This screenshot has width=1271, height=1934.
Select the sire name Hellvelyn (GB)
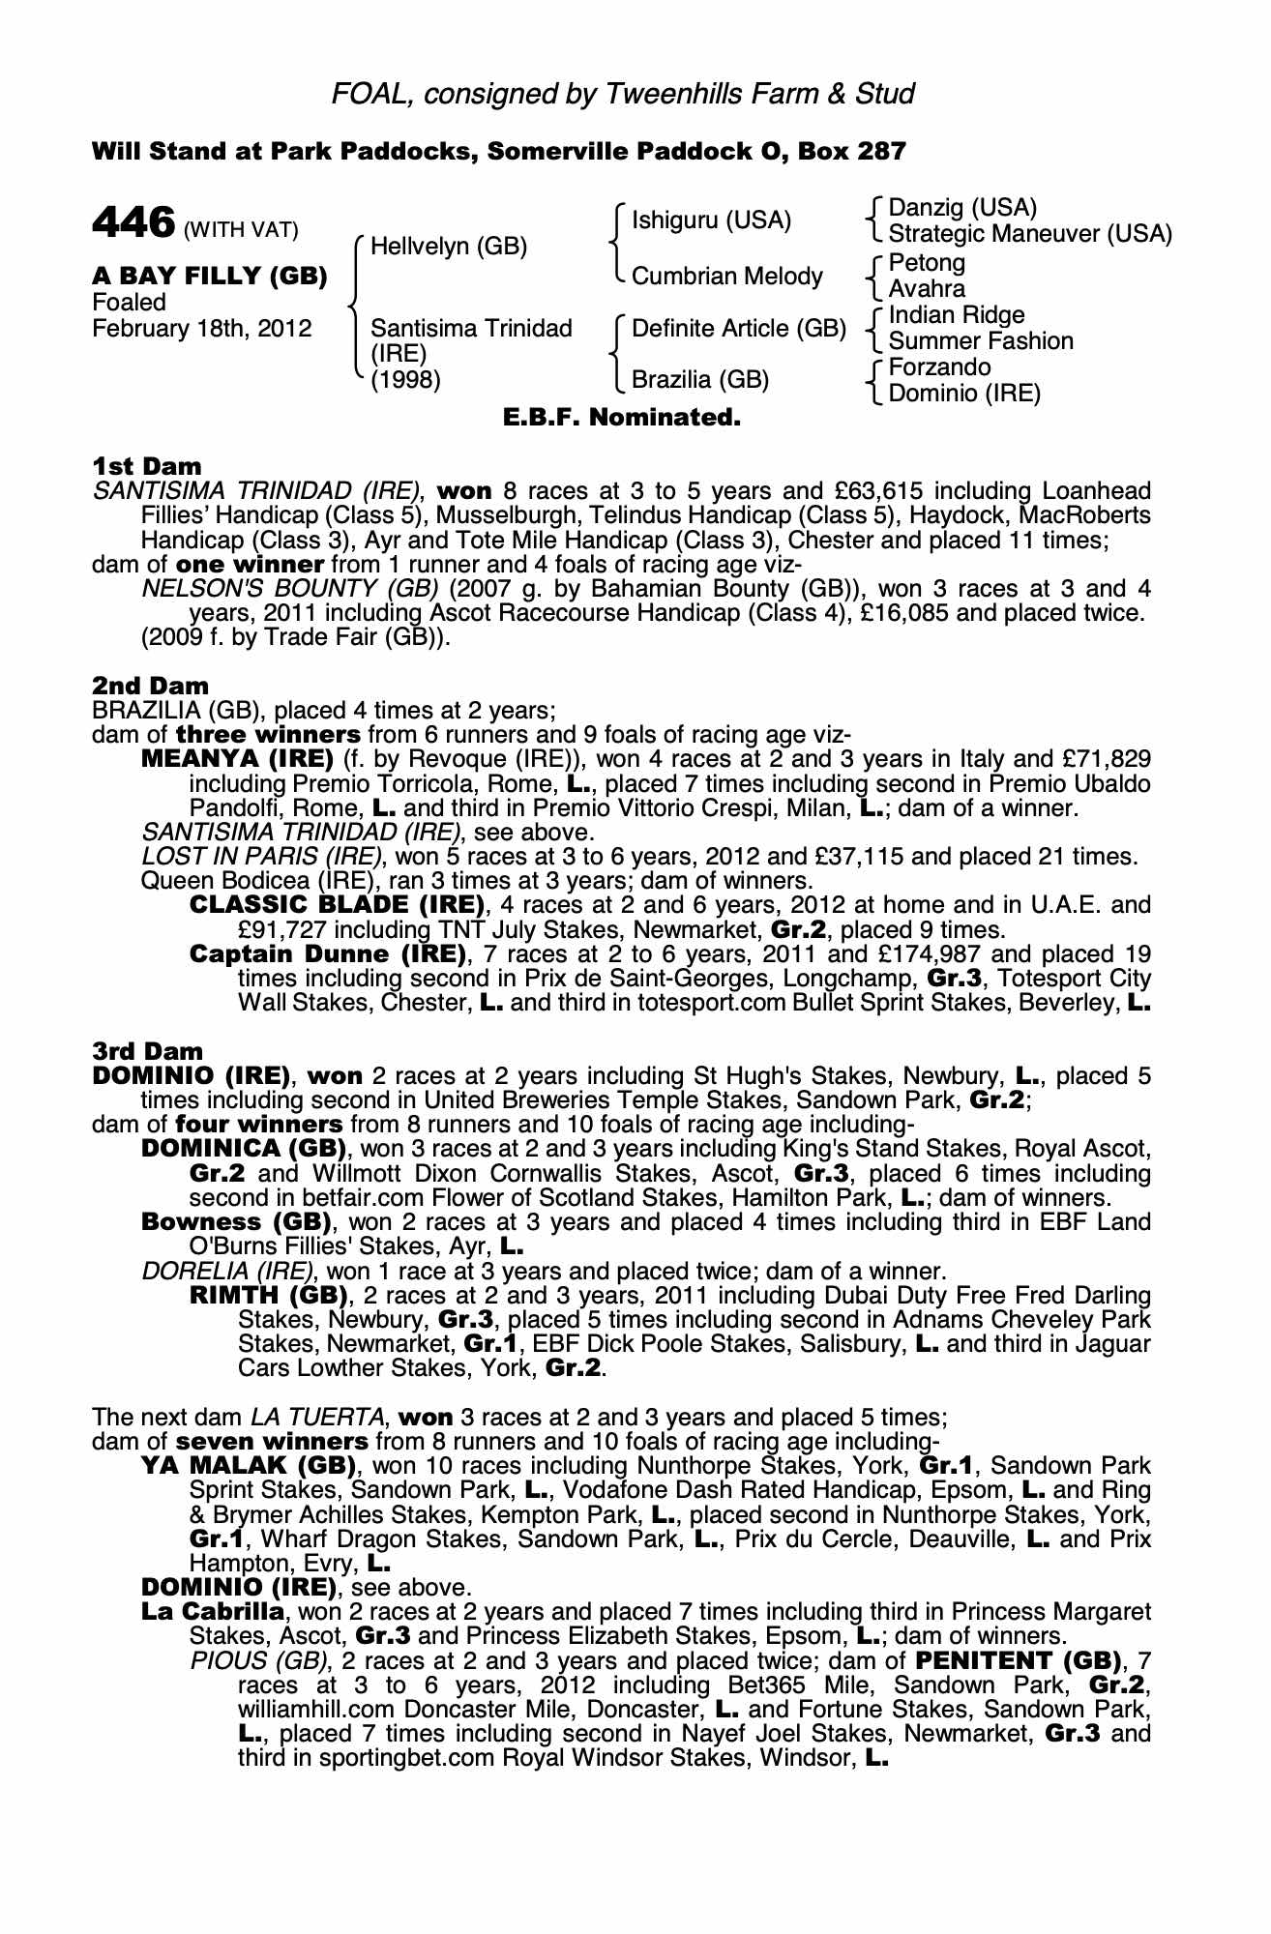pyautogui.click(x=449, y=247)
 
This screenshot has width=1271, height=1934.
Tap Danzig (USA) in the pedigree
pyautogui.click(x=961, y=208)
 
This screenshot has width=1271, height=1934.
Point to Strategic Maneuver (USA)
pyautogui.click(x=1029, y=234)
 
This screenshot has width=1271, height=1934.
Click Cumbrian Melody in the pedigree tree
pyautogui.click(x=726, y=277)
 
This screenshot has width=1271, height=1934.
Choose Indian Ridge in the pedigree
pyautogui.click(x=956, y=315)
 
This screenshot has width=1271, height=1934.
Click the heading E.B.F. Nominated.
pyautogui.click(x=622, y=419)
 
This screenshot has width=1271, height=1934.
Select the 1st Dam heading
pyautogui.click(x=146, y=467)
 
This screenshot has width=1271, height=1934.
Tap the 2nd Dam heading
pyautogui.click(x=150, y=686)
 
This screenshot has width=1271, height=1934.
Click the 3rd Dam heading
pyautogui.click(x=148, y=1051)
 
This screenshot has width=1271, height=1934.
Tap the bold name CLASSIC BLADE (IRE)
pyautogui.click(x=337, y=905)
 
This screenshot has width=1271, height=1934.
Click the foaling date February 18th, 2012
pyautogui.click(x=201, y=329)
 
